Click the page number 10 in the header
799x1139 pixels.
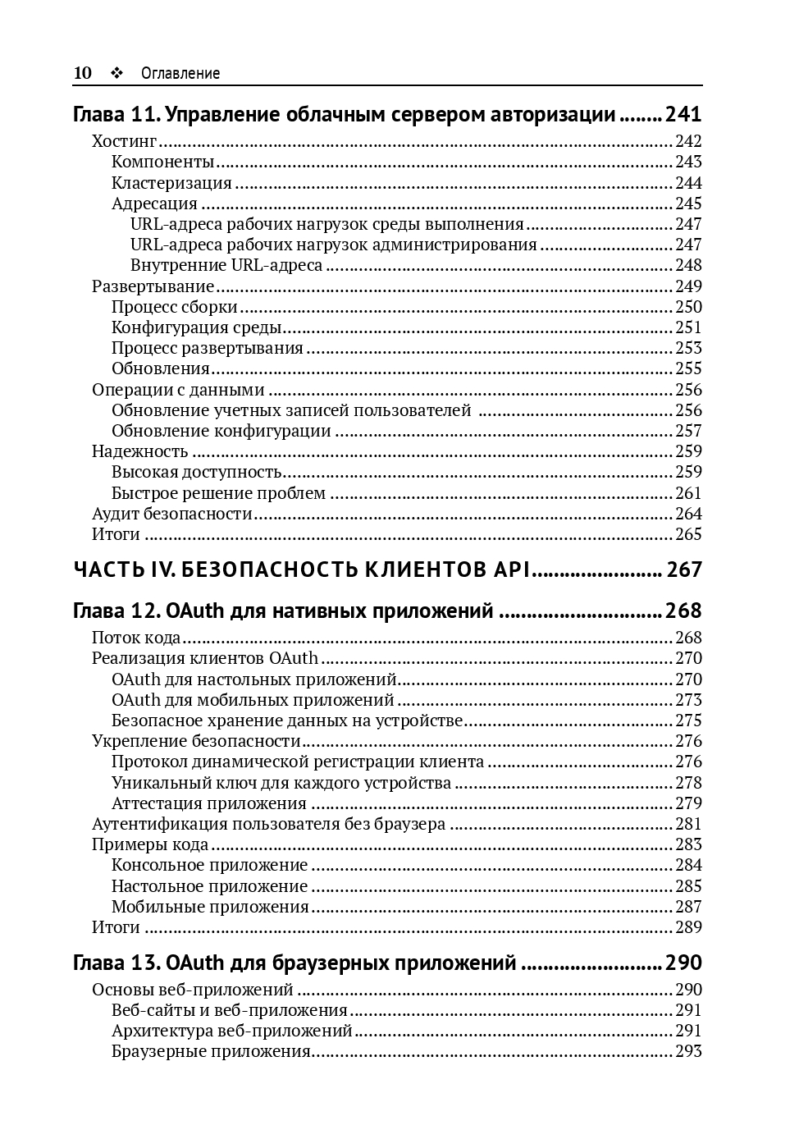click(x=83, y=73)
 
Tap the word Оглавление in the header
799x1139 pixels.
click(x=180, y=73)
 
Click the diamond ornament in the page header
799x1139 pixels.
click(x=116, y=73)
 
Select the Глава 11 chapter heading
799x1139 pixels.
click(x=344, y=114)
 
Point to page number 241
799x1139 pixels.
click(x=683, y=114)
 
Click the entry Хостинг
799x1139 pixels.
click(x=124, y=141)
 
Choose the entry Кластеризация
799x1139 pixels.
click(x=171, y=183)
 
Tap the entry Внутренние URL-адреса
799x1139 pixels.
click(x=226, y=265)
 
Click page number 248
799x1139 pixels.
click(x=688, y=265)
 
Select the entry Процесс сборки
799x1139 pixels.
click(x=175, y=307)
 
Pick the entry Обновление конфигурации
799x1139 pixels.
click(x=221, y=431)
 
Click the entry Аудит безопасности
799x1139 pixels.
click(x=172, y=514)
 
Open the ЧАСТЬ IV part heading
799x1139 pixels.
click(x=303, y=569)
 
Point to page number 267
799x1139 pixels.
click(x=684, y=569)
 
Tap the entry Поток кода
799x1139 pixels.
click(x=136, y=638)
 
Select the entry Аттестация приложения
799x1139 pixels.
click(x=209, y=803)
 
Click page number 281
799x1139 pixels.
click(x=688, y=824)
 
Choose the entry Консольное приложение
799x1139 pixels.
click(x=210, y=865)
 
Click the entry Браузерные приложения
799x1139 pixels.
click(x=211, y=1051)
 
